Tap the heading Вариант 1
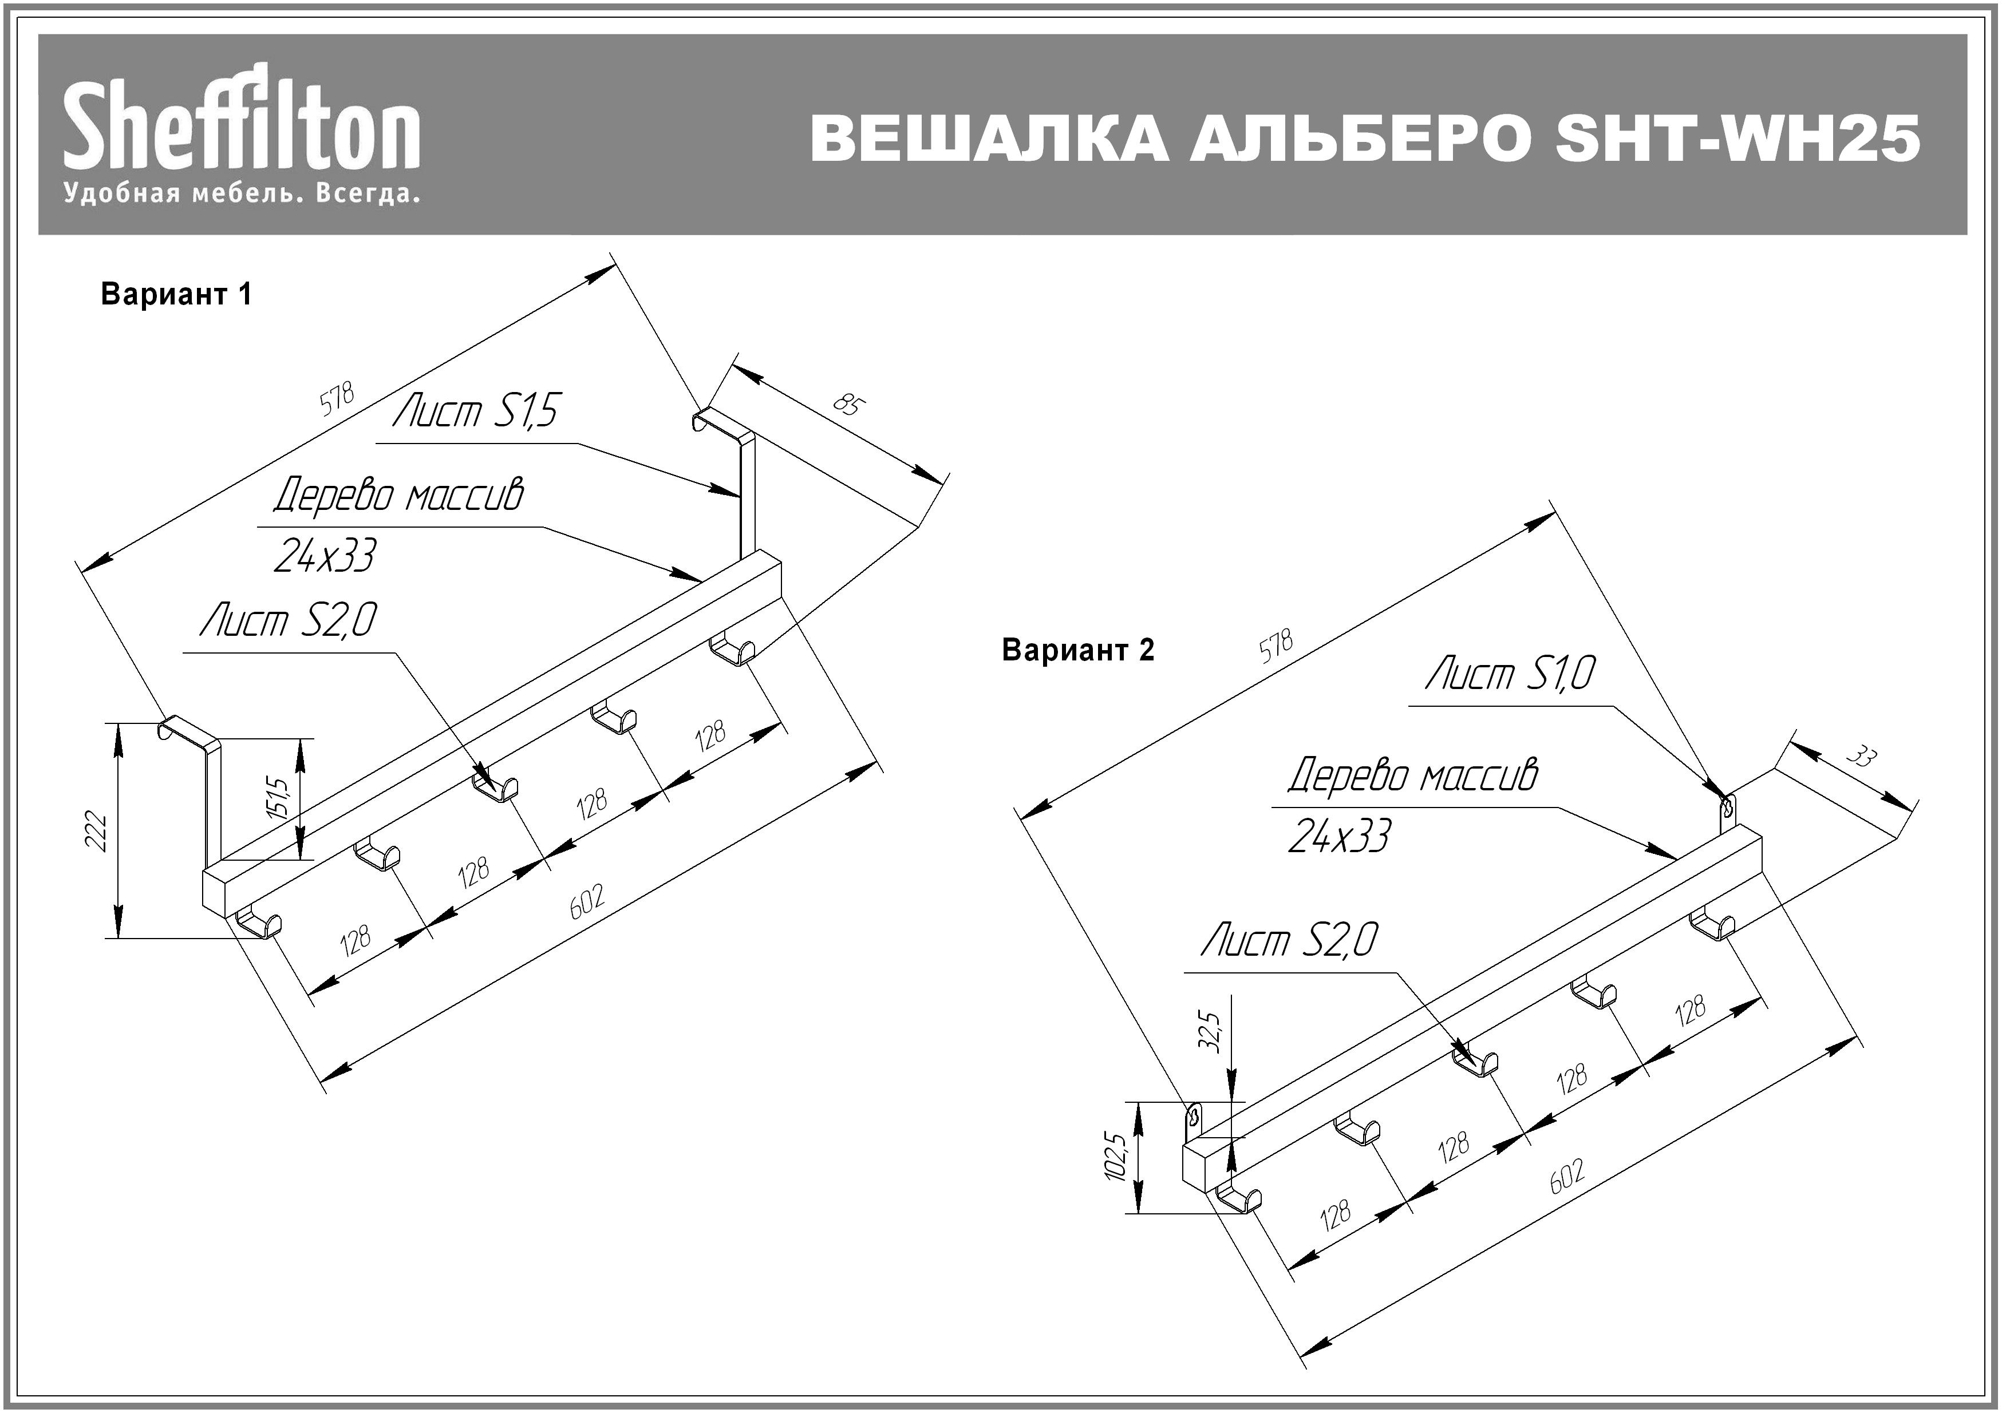click(x=176, y=295)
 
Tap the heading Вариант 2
click(x=1078, y=650)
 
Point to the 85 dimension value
click(x=848, y=405)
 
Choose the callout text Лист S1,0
click(x=1510, y=674)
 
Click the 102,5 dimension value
click(x=1116, y=1157)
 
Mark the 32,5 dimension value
click(x=1212, y=1031)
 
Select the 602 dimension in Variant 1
click(x=587, y=901)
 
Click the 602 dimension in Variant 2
click(x=1567, y=1176)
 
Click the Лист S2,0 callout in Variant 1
click(x=289, y=620)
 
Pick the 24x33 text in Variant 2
click(x=1339, y=836)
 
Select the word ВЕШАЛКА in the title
click(x=990, y=140)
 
